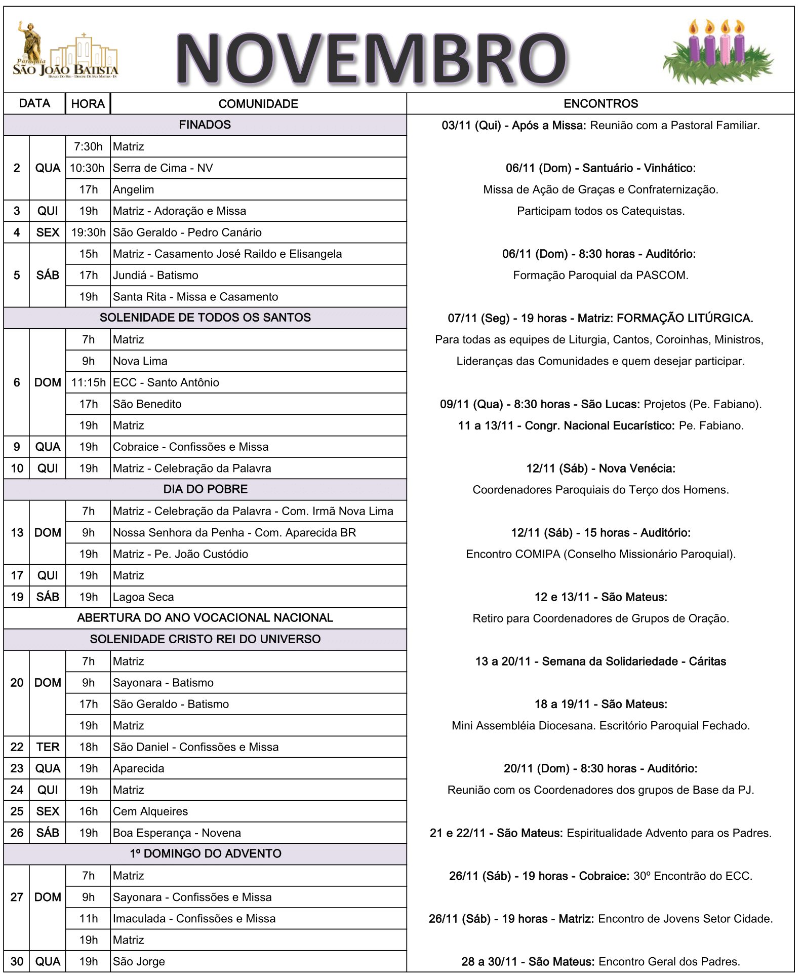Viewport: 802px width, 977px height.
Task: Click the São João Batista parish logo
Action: pos(66,51)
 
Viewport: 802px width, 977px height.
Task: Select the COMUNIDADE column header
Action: pos(258,104)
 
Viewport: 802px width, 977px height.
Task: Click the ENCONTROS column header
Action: pos(600,104)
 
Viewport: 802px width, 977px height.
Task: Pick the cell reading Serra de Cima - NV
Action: pos(163,168)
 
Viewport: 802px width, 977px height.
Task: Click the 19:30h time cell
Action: pos(88,232)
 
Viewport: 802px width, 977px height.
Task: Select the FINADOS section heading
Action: pos(205,125)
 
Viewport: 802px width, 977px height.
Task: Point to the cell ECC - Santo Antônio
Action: pos(166,382)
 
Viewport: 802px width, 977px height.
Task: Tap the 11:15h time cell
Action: pos(88,382)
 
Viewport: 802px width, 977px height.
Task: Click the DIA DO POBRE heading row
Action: pos(205,489)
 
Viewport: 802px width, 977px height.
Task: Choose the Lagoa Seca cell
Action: pos(143,597)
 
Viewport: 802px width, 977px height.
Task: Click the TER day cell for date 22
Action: pos(48,747)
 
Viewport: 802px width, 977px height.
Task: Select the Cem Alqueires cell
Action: pos(150,811)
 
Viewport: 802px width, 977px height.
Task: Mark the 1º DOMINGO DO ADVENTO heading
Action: pos(205,854)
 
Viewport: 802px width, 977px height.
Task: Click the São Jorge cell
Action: pos(139,961)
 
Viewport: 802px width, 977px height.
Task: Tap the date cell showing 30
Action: pos(17,961)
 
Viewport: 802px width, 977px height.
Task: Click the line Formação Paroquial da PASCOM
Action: pos(600,276)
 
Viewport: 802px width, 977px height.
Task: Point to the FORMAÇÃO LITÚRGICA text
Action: pos(685,318)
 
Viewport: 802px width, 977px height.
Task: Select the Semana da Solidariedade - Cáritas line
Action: pos(600,661)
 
